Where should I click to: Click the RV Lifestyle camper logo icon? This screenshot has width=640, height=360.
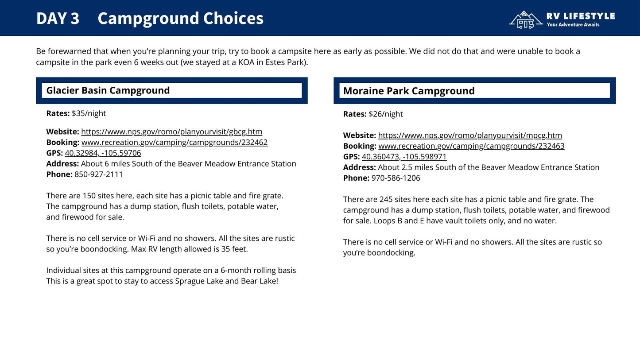(526, 20)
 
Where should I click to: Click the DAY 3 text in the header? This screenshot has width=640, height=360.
(58, 19)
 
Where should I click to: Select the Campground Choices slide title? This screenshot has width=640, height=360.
(180, 19)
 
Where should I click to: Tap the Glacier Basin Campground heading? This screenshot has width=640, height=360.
(108, 90)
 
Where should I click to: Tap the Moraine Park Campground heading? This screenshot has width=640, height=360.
(408, 91)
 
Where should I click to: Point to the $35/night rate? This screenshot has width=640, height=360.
(89, 113)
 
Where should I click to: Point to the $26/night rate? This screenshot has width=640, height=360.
(385, 114)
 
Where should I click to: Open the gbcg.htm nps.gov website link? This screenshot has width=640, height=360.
(171, 132)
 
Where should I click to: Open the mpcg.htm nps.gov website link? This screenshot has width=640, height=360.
(469, 135)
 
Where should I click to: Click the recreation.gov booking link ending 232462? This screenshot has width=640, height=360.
(174, 143)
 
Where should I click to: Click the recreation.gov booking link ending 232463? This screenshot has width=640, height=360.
(471, 146)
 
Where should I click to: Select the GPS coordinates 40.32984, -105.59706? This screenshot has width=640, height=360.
(103, 153)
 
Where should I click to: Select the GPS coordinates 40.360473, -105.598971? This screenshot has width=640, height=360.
(404, 157)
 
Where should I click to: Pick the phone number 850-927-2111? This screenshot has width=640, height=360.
(98, 174)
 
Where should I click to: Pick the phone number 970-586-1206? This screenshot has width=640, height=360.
(396, 178)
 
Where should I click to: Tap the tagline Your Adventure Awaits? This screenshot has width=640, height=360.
(573, 25)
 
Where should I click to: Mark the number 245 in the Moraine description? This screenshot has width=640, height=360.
(386, 200)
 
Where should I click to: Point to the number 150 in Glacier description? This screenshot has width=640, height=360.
(89, 196)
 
